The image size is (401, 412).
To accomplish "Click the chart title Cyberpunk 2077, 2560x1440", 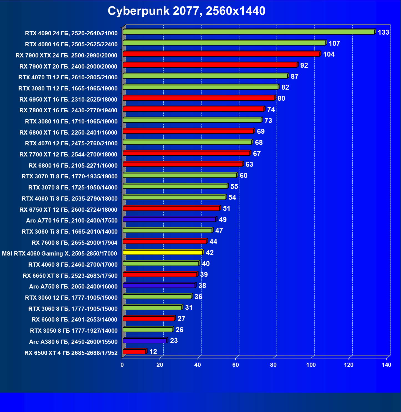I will click(186, 11).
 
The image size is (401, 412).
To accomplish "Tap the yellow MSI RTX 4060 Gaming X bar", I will click(163, 252).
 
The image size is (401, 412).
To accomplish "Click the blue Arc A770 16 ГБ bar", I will click(169, 219).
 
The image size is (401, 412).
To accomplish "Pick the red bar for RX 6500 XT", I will click(134, 352).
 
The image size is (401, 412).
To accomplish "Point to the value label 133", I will click(383, 32).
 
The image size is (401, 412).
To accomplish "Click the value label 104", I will click(329, 54).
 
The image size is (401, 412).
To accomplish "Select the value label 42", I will click(210, 253).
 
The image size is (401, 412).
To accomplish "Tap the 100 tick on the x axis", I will click(311, 365).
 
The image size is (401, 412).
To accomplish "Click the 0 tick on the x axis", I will click(122, 365).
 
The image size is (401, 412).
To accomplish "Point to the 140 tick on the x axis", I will click(387, 365).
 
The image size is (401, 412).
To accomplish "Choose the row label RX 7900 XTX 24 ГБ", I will click(67, 55).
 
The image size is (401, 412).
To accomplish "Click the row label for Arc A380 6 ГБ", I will click(73, 342).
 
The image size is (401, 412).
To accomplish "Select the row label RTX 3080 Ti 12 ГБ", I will click(68, 89).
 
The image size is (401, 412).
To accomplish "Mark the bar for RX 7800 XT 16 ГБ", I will click(193, 109).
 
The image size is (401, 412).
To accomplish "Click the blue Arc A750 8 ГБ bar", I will click(159, 285).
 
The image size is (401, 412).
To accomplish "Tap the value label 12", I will click(153, 352).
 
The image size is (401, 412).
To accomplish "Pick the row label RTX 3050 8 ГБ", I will click(74, 331).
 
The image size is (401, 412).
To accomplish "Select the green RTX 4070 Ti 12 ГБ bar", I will click(205, 76).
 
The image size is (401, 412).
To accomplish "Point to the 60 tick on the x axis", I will click(236, 365).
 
